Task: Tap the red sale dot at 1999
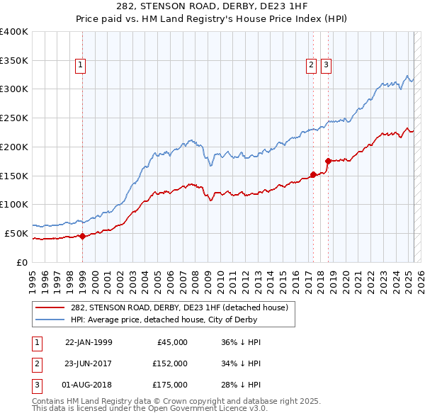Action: coord(82,236)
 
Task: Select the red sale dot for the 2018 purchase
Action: coord(328,161)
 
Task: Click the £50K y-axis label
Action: coord(16,233)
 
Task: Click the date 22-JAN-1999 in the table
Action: coord(89,342)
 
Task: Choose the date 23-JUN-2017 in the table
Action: coord(89,363)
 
